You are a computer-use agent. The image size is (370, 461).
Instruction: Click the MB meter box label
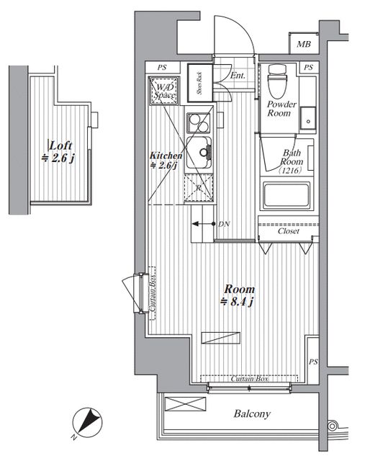coord(304,44)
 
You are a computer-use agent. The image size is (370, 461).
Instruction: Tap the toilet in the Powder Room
coord(277,81)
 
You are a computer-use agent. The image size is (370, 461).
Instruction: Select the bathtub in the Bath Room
coord(286,195)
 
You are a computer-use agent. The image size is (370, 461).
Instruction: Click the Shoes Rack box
coord(200,83)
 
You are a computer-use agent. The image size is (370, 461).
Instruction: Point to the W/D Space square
coord(164,91)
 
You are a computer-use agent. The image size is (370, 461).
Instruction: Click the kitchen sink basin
coord(199,152)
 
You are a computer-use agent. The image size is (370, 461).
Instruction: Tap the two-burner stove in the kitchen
coord(199,123)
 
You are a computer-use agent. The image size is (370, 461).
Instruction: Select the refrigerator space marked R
coord(199,188)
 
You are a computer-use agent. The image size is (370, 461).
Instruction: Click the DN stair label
coord(224,224)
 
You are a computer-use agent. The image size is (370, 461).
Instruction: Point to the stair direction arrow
coord(204,224)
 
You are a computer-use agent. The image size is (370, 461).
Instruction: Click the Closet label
coord(289,231)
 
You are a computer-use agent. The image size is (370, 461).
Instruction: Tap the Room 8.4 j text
coord(238,295)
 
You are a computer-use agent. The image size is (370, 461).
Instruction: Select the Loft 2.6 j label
coord(58,152)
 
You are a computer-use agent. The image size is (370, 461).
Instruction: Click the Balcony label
coord(252,414)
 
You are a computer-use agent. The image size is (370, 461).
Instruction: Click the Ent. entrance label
coord(238,76)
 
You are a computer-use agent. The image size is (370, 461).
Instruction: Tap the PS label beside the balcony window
coord(313,362)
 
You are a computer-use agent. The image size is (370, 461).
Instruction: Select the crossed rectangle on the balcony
coord(186,403)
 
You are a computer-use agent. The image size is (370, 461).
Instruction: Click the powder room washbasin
coord(307,118)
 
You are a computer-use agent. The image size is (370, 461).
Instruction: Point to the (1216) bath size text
coord(290,171)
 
